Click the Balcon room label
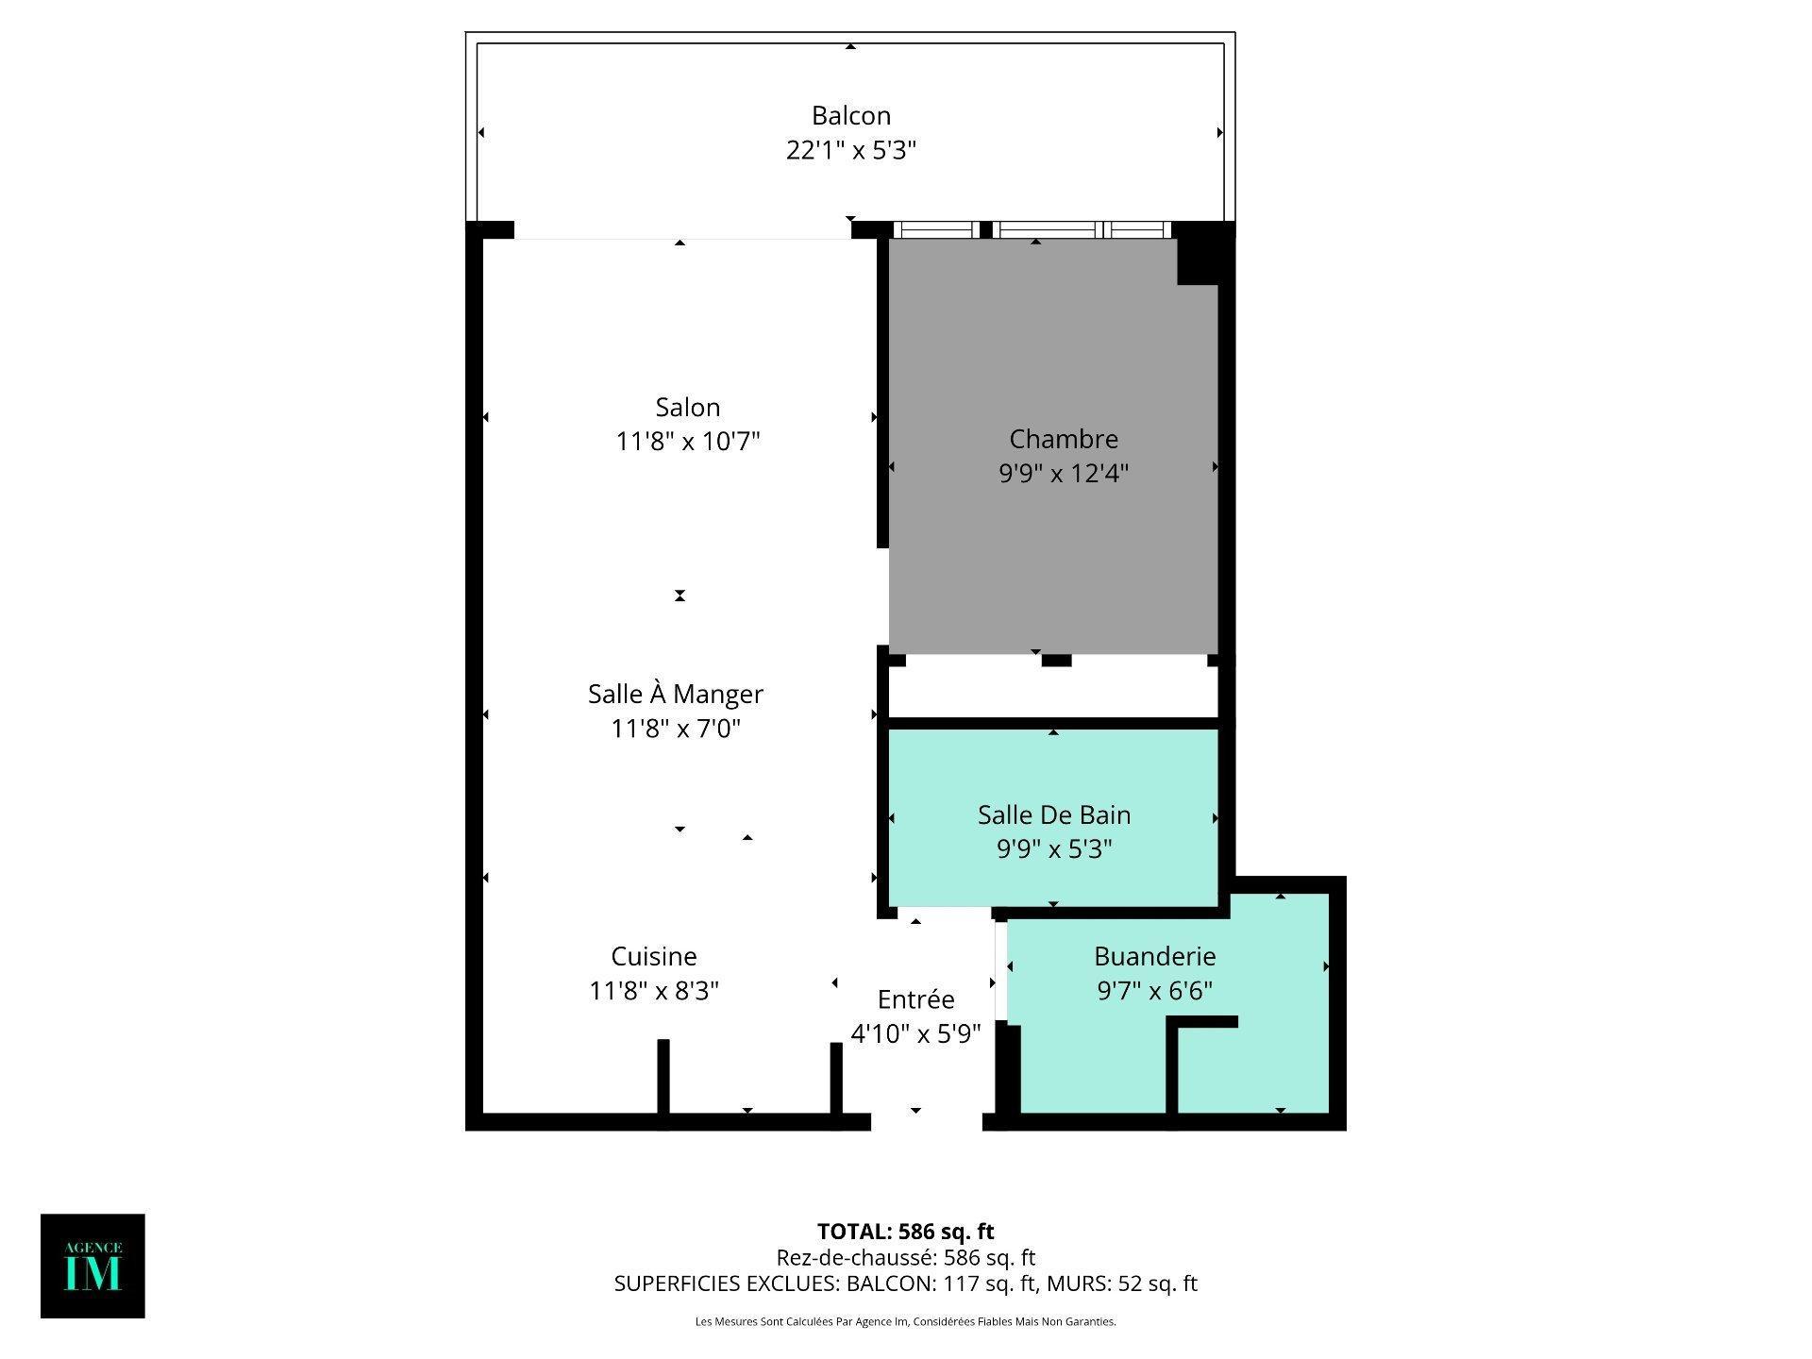coord(850,115)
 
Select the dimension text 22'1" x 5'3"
coord(850,150)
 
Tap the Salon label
coord(687,407)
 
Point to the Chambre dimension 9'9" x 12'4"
coord(1064,473)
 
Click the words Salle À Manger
coord(675,694)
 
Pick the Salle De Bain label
coord(1053,814)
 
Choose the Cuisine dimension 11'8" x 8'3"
coord(654,991)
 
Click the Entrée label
coord(915,999)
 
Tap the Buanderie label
coord(1154,956)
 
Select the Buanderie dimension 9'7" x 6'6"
coord(1154,991)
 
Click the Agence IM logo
coord(92,1266)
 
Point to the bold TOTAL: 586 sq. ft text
coord(905,1232)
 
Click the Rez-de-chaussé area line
coord(905,1257)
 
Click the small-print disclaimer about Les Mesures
coord(905,1322)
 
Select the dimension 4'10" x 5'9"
coord(915,1034)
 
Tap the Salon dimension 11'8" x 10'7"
coord(687,442)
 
